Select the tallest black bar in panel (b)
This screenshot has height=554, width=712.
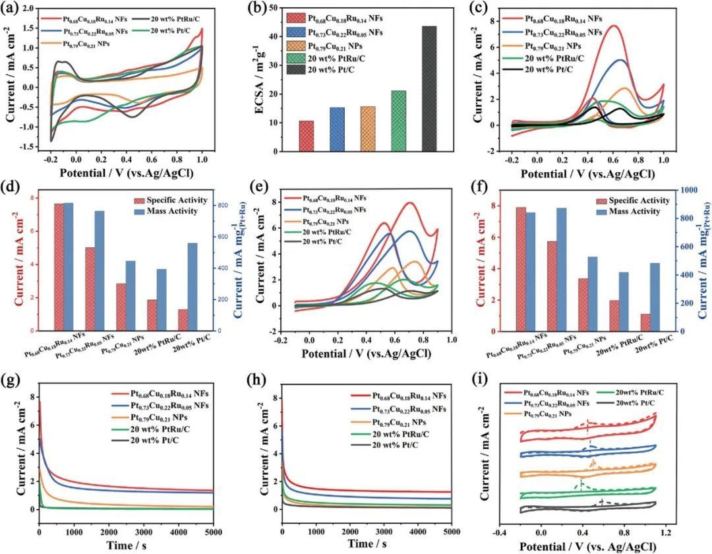pyautogui.click(x=429, y=88)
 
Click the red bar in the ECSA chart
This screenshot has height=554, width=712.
pyautogui.click(x=307, y=136)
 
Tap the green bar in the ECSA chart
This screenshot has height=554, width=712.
pyautogui.click(x=398, y=121)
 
